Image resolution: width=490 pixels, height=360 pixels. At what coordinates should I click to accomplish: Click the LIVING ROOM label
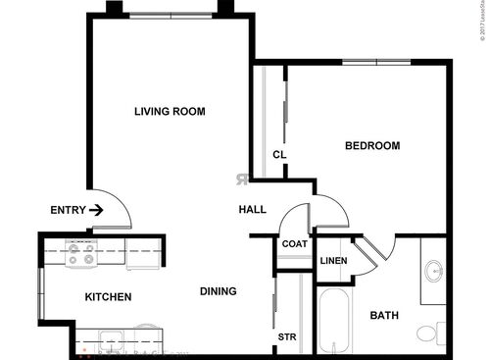(170, 112)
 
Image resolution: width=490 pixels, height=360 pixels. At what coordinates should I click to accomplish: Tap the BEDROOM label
(372, 146)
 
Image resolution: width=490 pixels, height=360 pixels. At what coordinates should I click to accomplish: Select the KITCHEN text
(108, 296)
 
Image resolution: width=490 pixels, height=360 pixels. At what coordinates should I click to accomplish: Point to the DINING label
(217, 291)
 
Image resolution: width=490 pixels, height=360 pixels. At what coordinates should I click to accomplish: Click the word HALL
(253, 210)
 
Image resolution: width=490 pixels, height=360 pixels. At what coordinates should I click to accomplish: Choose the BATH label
(383, 315)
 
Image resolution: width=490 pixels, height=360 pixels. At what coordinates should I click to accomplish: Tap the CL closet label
(278, 155)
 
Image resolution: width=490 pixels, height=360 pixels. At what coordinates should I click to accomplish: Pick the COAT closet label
(294, 244)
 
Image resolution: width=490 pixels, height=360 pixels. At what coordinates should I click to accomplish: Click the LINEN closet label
(333, 260)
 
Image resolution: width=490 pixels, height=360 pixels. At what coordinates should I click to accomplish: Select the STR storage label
(286, 337)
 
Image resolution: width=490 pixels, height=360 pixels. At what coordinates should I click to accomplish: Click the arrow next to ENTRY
(96, 209)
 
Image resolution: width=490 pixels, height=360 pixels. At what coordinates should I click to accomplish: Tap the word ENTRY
(67, 209)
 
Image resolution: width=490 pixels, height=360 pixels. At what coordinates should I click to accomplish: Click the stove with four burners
(80, 255)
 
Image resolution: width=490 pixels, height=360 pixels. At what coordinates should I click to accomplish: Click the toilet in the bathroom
(429, 332)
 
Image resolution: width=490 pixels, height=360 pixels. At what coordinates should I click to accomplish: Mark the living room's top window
(171, 15)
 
